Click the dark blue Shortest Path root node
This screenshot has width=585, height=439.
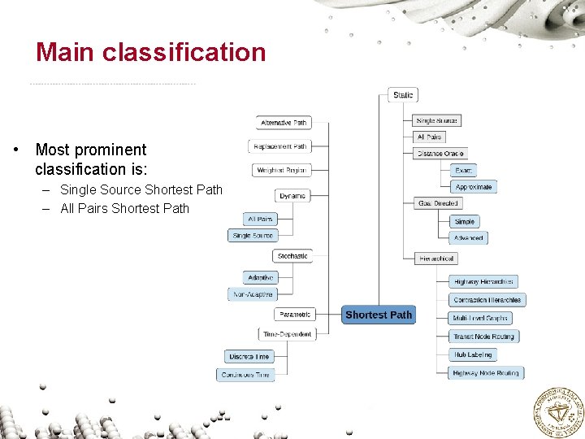point(378,315)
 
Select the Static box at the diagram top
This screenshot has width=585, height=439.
point(402,95)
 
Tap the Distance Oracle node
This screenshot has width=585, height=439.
point(440,154)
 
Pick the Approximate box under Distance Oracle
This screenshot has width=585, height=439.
point(473,187)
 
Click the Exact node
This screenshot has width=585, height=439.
point(463,170)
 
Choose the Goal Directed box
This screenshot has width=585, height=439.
point(437,203)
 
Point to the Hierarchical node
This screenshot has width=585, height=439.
point(436,259)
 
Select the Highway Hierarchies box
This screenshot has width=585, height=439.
point(483,281)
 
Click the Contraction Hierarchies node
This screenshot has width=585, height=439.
point(487,300)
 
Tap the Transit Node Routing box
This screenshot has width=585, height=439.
point(483,337)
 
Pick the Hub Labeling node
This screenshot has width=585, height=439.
point(473,355)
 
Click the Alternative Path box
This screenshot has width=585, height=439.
point(284,123)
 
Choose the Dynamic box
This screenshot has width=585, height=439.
point(292,196)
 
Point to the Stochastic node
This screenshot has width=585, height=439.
point(292,256)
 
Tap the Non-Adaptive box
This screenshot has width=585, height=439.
point(253,294)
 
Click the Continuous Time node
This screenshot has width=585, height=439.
point(245,375)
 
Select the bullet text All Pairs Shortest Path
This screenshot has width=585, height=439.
point(124,208)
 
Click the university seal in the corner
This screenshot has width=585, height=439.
point(557,411)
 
